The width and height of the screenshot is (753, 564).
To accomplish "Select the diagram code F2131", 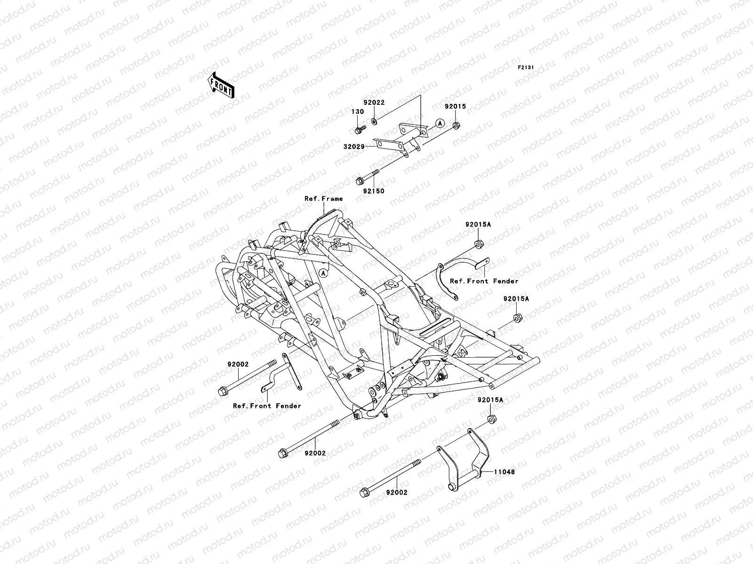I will pyautogui.click(x=526, y=68).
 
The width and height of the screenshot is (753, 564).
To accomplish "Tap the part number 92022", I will pyautogui.click(x=374, y=102).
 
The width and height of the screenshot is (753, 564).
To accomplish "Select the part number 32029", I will pyautogui.click(x=354, y=147).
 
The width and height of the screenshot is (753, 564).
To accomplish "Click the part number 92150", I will pyautogui.click(x=373, y=191).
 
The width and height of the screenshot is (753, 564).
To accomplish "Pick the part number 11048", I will pyautogui.click(x=505, y=471).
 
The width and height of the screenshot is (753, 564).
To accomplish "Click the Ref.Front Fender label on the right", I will pyautogui.click(x=484, y=281).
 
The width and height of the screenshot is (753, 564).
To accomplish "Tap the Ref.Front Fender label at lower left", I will pyautogui.click(x=267, y=406).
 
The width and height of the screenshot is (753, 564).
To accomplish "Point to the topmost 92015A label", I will pyautogui.click(x=478, y=225).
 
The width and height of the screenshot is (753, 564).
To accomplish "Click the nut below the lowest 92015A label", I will pyautogui.click(x=490, y=420).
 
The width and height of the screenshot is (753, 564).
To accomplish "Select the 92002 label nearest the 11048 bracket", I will pyautogui.click(x=397, y=493).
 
